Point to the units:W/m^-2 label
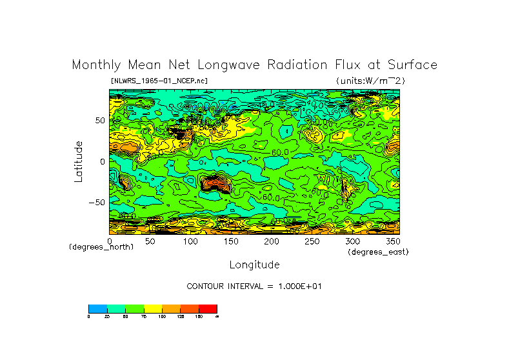coord(370,81)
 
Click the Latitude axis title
coord(79,161)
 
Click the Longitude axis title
coord(254,265)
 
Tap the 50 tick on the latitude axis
coord(100,121)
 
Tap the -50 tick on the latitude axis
coord(97,203)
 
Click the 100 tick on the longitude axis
coord(190,241)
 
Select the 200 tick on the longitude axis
coord(272,241)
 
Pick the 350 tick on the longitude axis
coord(393,241)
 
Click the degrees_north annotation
coord(101,248)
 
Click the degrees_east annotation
coord(378,252)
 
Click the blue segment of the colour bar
coord(97,308)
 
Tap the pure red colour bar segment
coord(208,308)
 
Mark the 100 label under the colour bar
coord(162,316)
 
